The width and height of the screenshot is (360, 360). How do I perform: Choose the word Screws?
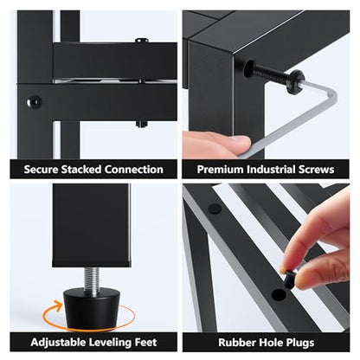(x=317, y=170)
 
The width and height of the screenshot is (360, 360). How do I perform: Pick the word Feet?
(x=146, y=343)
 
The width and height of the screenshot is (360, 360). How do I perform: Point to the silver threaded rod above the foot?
(x=92, y=278)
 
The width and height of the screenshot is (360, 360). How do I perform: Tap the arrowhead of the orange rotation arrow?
(x=59, y=304)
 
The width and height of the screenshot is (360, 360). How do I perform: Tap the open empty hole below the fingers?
(x=279, y=295)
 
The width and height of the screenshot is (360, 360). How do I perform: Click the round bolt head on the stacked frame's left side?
(x=34, y=101)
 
